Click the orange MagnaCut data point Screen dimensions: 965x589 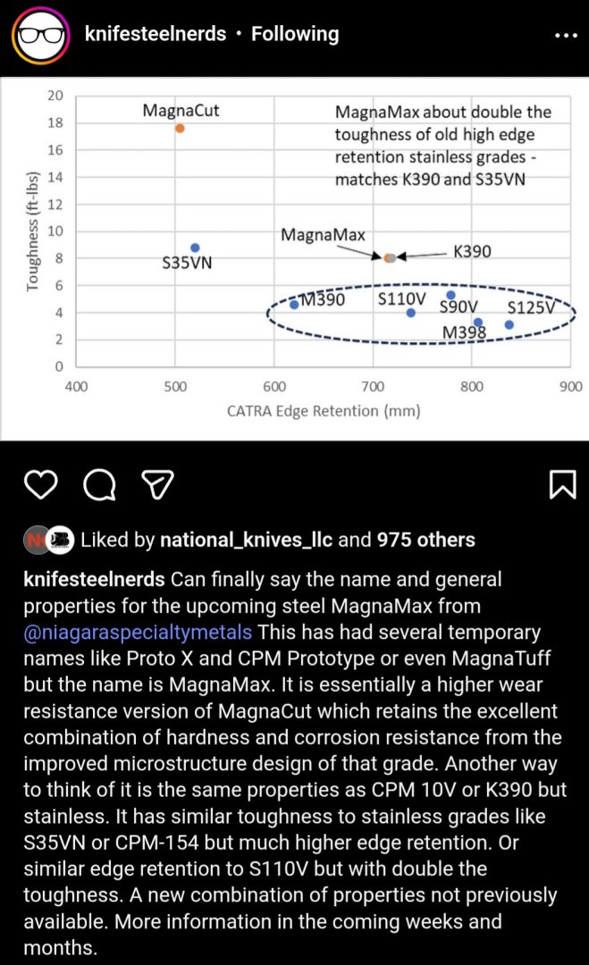(x=180, y=129)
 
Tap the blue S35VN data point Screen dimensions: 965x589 (x=195, y=248)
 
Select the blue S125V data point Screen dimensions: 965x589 (x=509, y=324)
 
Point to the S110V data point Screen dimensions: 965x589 (x=411, y=313)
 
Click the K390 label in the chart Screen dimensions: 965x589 (x=472, y=252)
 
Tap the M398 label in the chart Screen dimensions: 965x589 (x=465, y=333)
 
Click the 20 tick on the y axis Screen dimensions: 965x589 (x=55, y=96)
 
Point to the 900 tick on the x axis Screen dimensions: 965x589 (x=570, y=386)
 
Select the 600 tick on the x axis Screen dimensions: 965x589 (x=274, y=386)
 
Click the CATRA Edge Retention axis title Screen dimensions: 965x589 (x=323, y=411)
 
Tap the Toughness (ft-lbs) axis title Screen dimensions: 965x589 (x=33, y=231)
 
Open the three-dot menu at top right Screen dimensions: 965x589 (x=566, y=36)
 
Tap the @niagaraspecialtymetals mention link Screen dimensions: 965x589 (x=138, y=633)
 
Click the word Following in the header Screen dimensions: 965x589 (x=295, y=34)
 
